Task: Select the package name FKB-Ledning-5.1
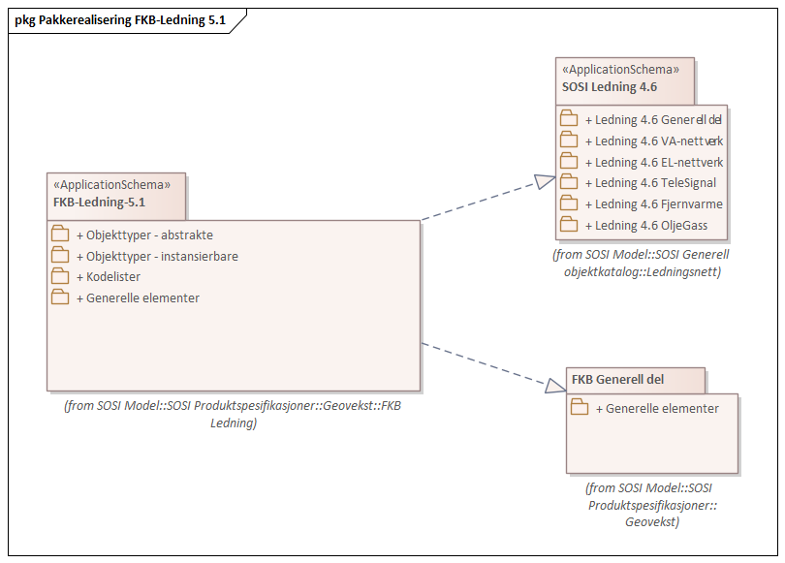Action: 99,202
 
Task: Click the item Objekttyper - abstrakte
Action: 149,235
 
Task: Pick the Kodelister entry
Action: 113,276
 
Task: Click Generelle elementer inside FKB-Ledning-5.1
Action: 142,297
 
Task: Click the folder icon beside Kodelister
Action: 60,276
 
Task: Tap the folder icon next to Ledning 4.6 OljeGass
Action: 569,226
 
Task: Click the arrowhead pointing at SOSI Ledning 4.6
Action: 546,181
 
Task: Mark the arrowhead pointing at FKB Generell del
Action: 554,386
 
